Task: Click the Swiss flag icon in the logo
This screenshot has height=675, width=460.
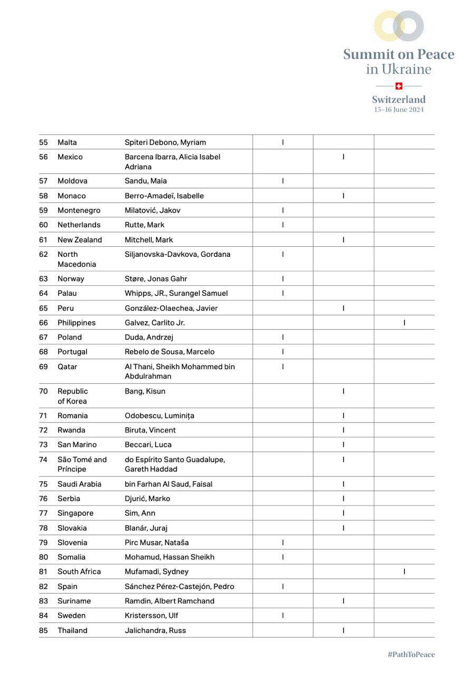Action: (399, 86)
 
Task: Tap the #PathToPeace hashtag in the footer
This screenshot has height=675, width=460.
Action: (411, 654)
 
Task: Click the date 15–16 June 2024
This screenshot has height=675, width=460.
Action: (399, 110)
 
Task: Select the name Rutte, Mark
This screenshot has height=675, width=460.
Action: (145, 225)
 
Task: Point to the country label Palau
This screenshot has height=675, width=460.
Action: (67, 293)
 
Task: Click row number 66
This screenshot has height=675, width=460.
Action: (43, 323)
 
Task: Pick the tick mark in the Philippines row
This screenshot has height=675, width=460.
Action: (404, 323)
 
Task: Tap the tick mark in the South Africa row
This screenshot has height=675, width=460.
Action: (404, 572)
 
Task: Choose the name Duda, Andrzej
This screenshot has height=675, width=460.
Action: (149, 337)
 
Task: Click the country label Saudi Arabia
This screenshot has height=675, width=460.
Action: (79, 484)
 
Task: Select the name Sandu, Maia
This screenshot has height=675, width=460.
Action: (146, 181)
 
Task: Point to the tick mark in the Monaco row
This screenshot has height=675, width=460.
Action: (343, 196)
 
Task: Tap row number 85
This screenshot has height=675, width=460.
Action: (43, 630)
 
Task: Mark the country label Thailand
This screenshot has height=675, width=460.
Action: (72, 630)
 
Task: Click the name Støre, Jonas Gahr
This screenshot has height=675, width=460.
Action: (156, 278)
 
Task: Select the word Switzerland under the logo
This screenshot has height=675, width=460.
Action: (399, 100)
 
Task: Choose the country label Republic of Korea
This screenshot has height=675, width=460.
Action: (73, 396)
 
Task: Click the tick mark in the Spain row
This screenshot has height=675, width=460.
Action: (283, 586)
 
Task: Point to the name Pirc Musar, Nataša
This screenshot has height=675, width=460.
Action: (157, 543)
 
